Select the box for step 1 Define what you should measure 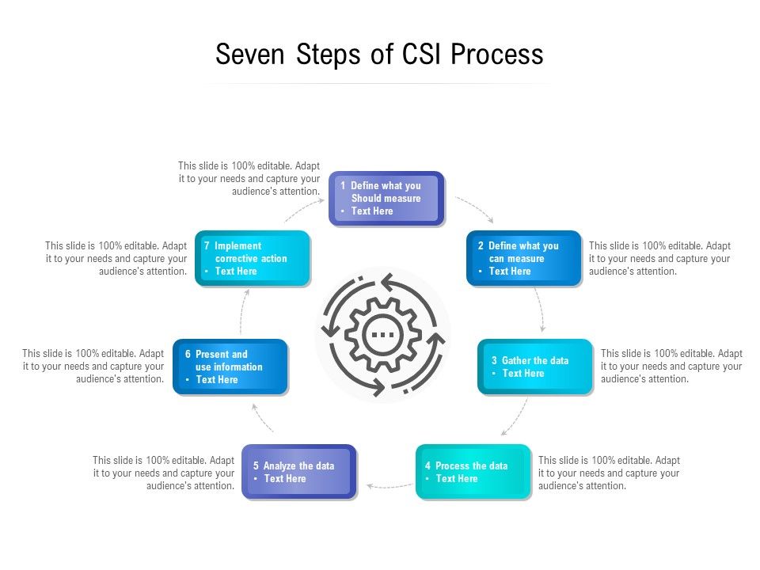pos(386,199)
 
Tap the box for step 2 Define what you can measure pos(523,258)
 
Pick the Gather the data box pos(534,367)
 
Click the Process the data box pos(473,472)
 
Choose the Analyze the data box pos(299,472)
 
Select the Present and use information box pos(230,367)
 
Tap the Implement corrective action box pos(253,258)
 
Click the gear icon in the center pos(383,334)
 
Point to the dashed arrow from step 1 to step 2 pos(475,210)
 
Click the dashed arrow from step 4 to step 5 pos(387,485)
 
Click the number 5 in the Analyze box pos(256,466)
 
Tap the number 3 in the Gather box pos(494,361)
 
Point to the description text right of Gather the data pos(671,367)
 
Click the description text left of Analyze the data pos(164,473)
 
